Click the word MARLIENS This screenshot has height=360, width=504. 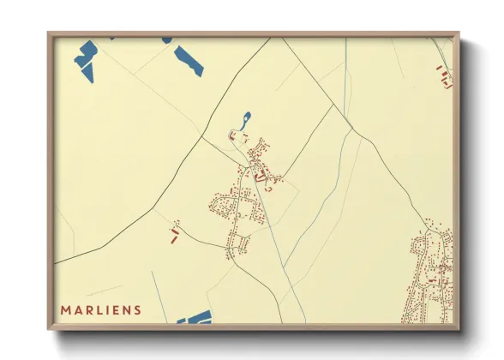tap(100, 309)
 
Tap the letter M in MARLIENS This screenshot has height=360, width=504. tap(64, 309)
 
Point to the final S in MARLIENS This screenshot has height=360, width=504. tap(138, 309)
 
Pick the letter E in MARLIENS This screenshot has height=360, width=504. tap(115, 309)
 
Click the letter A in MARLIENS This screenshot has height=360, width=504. tap(75, 309)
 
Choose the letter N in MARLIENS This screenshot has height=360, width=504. tap(126, 309)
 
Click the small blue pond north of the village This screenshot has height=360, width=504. tap(247, 118)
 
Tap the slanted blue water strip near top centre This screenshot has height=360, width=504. tap(189, 60)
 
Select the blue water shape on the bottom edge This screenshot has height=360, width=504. tap(195, 319)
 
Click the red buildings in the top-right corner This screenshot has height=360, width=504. tap(443, 77)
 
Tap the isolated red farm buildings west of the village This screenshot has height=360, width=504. tap(174, 231)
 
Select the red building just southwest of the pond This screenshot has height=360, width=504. tap(231, 135)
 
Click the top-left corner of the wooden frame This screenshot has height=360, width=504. tap(50, 34)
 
